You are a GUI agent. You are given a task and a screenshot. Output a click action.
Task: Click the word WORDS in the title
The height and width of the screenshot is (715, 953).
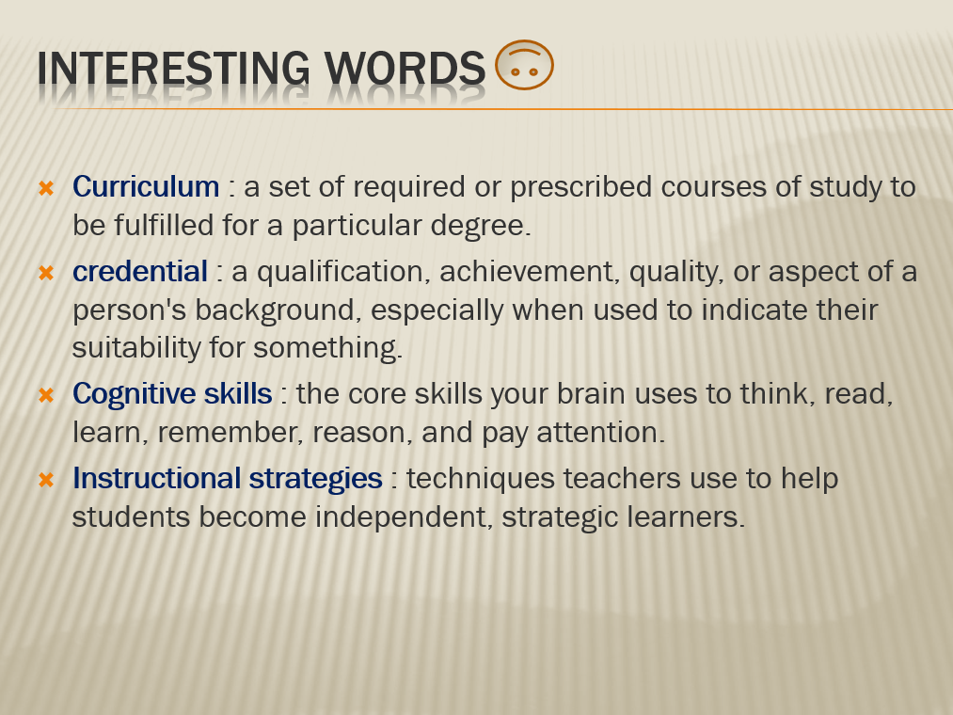[x=405, y=68]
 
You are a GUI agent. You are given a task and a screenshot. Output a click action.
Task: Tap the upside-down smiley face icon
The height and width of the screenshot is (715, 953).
[x=524, y=65]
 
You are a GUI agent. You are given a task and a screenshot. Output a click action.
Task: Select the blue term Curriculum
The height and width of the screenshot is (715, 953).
[x=146, y=186]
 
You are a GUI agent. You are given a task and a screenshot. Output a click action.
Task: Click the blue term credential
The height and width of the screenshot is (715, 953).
[x=140, y=271]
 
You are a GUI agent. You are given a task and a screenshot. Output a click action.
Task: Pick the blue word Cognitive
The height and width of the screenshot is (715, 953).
[x=134, y=394]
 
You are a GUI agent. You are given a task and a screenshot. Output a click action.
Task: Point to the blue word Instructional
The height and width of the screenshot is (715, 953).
[x=157, y=479]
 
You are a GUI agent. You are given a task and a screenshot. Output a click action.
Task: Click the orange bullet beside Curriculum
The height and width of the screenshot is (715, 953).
[x=46, y=188]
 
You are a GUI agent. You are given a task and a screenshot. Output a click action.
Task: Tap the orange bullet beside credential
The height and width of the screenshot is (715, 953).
[x=46, y=273]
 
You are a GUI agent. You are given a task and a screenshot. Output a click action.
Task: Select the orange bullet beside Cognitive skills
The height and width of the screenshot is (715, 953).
[x=46, y=395]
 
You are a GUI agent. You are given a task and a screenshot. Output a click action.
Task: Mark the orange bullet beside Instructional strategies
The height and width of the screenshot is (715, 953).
[x=46, y=480]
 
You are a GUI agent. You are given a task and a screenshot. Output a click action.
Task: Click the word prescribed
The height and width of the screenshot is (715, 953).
[x=581, y=187]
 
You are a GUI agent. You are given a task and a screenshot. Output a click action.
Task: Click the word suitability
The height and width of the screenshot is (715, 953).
[x=136, y=348]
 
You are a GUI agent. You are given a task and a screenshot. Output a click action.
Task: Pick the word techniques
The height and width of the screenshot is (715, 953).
[x=481, y=480]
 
